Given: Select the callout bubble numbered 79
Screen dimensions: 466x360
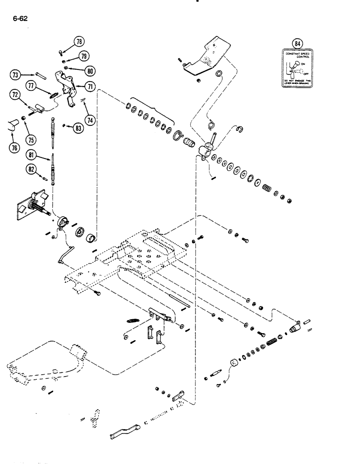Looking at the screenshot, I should (x=83, y=56).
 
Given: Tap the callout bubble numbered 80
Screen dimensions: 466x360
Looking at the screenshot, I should (x=90, y=71).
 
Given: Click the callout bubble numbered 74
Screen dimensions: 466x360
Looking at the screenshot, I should (x=90, y=120).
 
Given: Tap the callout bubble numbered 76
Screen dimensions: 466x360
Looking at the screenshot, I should (x=15, y=148).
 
